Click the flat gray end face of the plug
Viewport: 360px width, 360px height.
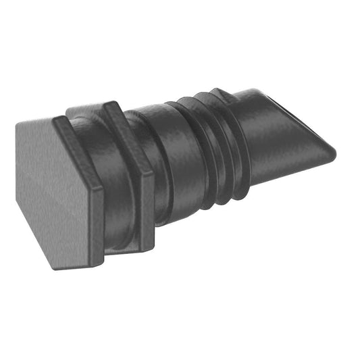click(x=57, y=192)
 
